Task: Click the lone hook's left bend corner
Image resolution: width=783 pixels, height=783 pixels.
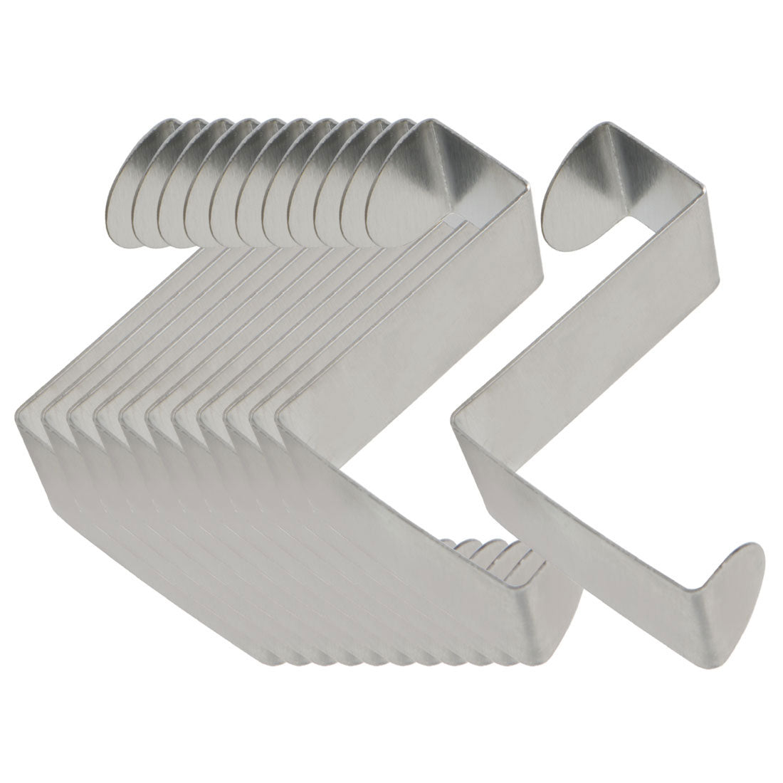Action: tap(459, 420)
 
